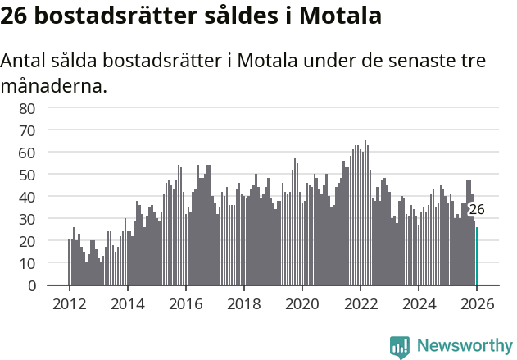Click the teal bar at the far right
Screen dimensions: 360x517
pos(477,257)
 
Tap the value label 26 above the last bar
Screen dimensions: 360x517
pos(476,210)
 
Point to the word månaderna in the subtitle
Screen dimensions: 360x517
pos(54,85)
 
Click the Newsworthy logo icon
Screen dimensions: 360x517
pos(400,346)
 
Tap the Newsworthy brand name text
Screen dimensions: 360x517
pos(464,346)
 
